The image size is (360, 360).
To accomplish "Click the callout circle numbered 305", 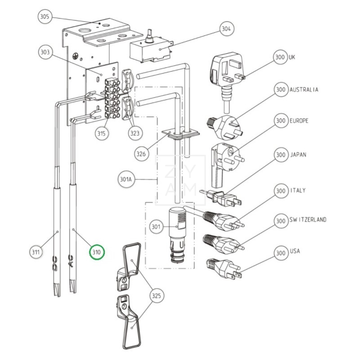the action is pyautogui.click(x=45, y=16).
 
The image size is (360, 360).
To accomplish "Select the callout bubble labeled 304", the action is pyautogui.click(x=226, y=29).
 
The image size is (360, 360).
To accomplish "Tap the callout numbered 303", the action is pyautogui.click(x=45, y=52).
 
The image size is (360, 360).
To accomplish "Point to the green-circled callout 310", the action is pyautogui.click(x=97, y=252).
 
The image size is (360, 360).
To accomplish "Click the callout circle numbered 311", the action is pyautogui.click(x=36, y=252).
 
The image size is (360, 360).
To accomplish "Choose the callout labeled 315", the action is pyautogui.click(x=102, y=133).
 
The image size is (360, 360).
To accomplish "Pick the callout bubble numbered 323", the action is pyautogui.click(x=135, y=133).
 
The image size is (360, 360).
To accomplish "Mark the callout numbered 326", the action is pyautogui.click(x=141, y=154).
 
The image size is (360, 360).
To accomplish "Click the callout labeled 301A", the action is pyautogui.click(x=126, y=179).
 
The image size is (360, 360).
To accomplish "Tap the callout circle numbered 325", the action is pyautogui.click(x=156, y=295).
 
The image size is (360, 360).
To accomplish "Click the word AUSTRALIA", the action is pyautogui.click(x=304, y=90).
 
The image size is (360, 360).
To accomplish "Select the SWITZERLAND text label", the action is pyautogui.click(x=308, y=220).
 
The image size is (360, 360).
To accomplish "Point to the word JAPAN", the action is pyautogui.click(x=298, y=154).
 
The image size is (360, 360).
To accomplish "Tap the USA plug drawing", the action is pyautogui.click(x=224, y=268).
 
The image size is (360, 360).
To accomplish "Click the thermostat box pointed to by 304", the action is pyautogui.click(x=151, y=49).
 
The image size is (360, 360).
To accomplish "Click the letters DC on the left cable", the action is pyautogui.click(x=55, y=264).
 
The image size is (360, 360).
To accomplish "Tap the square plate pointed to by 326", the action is pyautogui.click(x=180, y=134).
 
